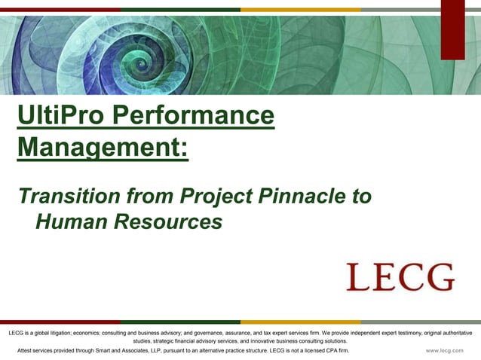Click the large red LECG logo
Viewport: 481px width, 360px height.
(400, 277)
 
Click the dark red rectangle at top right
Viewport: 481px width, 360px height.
(452, 29)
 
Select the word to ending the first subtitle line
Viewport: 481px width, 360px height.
(363, 197)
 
